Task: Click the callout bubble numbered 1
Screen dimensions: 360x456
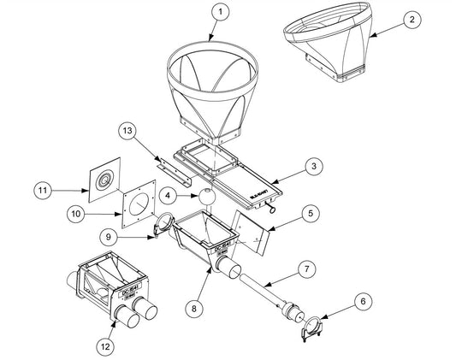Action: [221, 12]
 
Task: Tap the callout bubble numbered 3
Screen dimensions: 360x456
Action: [316, 166]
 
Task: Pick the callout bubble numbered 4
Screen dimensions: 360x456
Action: [169, 196]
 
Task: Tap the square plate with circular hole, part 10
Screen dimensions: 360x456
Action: [137, 207]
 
